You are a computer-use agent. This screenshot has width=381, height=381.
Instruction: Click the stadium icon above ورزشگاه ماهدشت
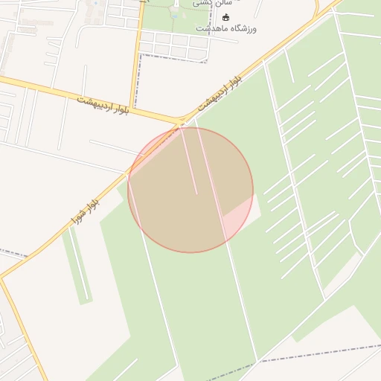tap(227, 17)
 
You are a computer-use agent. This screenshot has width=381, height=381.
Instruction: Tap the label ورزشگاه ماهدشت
tap(226, 28)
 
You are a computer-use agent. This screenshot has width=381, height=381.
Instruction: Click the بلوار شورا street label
tap(86, 211)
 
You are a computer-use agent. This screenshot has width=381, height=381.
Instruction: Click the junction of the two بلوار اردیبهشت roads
tap(181, 121)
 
